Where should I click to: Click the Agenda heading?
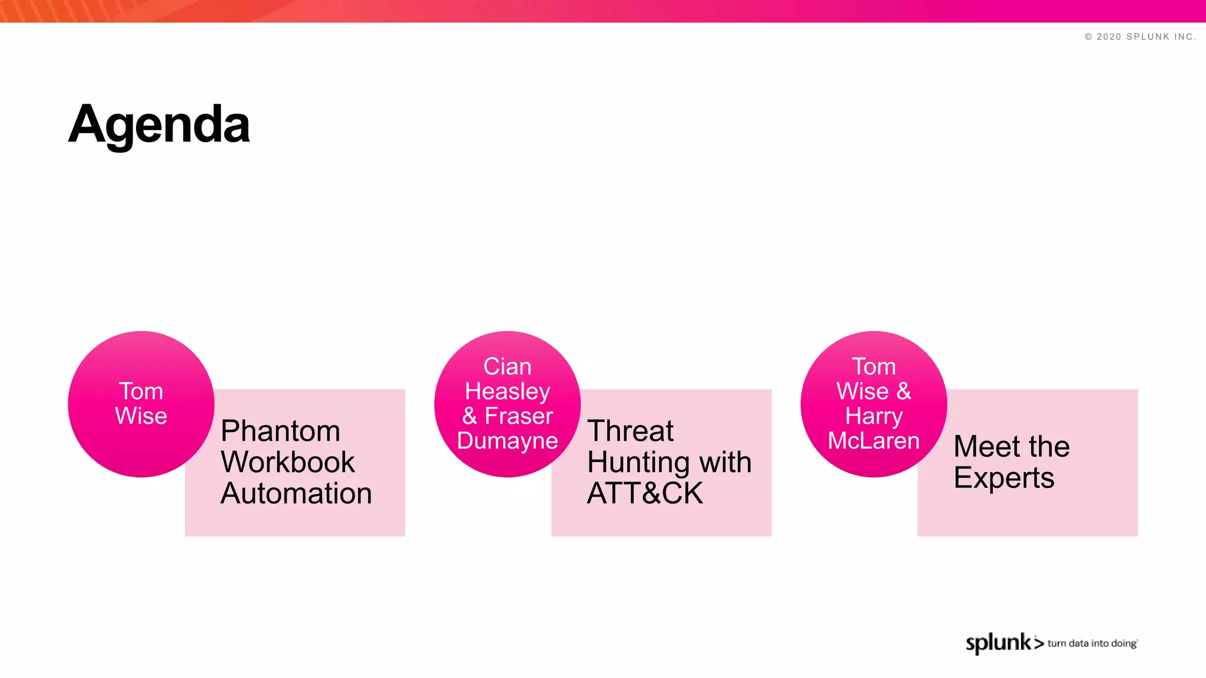coord(159,125)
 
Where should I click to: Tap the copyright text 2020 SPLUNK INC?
coord(1140,36)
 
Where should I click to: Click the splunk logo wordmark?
coord(999,643)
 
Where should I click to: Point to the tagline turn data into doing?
coord(1092,643)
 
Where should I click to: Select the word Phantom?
coord(280,431)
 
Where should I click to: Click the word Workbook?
coord(287,463)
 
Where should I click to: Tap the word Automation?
coord(296,493)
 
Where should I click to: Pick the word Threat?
coord(630,431)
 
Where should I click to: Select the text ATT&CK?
coord(645,493)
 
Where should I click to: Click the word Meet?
coord(986,447)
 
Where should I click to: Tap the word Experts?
coord(1004,478)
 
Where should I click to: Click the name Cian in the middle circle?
coord(507,367)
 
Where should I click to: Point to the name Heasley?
coord(507,391)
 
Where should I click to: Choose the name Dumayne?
coord(507,441)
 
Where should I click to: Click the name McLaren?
coord(873,441)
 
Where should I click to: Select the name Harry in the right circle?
coord(873,416)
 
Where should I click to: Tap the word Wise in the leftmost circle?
coord(141,416)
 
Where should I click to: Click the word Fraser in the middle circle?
coord(518,416)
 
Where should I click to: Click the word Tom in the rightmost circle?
coord(873,367)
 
